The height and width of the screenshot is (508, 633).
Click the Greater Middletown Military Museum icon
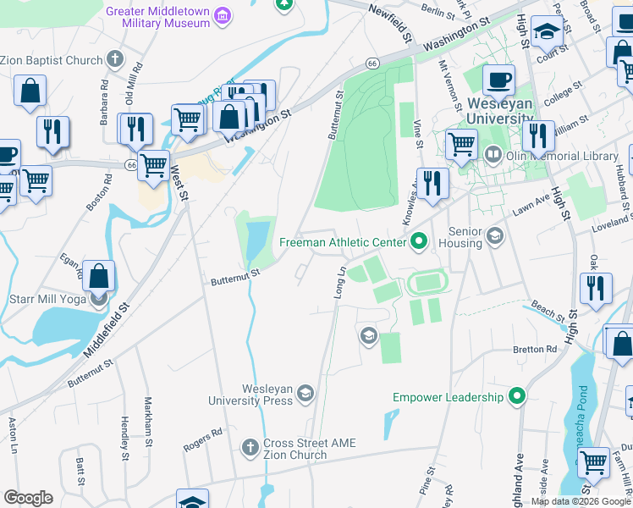(223, 15)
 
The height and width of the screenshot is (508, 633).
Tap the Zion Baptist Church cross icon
(115, 60)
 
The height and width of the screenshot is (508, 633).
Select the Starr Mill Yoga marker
(99, 297)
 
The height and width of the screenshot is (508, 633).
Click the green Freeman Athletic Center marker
(418, 243)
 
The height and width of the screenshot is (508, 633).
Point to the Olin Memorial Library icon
(493, 155)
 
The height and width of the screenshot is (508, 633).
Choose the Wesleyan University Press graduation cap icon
(305, 392)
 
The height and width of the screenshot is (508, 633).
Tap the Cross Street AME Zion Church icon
(250, 445)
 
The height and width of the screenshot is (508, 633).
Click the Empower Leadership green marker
(517, 396)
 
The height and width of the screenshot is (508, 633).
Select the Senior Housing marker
(494, 235)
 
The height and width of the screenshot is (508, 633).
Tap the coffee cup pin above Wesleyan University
(498, 80)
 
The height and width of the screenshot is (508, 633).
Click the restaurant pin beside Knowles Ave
(432, 182)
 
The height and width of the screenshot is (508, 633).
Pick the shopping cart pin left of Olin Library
(461, 144)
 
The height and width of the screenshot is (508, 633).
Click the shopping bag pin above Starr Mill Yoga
(99, 275)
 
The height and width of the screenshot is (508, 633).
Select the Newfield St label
(390, 22)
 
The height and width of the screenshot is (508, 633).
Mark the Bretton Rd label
(534, 349)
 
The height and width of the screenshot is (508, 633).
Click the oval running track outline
(428, 282)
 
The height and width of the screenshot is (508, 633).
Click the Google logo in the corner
(28, 498)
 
